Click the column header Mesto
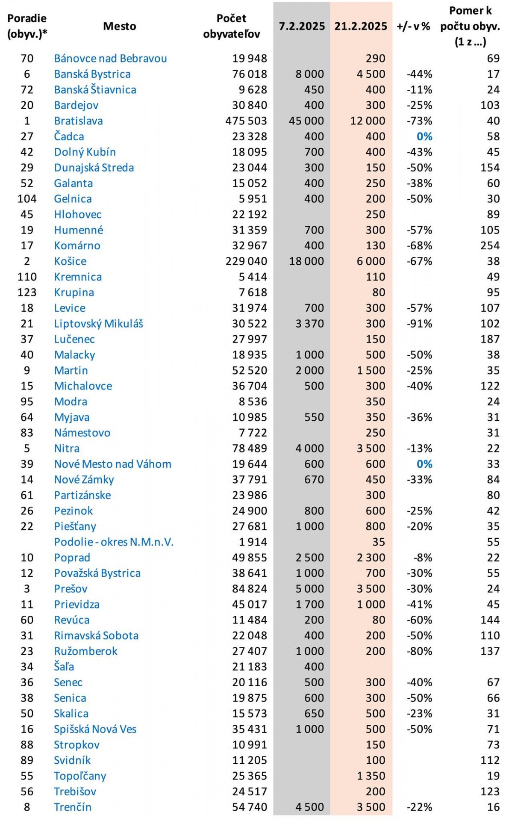pos(120,26)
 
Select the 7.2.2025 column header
pos(302,26)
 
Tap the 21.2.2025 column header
pos(361,26)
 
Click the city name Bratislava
pos(78,121)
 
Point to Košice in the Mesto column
pos(70,261)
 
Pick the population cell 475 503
pos(246,121)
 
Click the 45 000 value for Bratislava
pos(306,121)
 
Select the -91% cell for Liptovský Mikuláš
pos(419,324)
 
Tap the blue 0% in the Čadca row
pos(424,136)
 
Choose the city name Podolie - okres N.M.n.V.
pos(114,542)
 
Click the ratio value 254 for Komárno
pos(490,246)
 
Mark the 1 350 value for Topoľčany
pos(371,776)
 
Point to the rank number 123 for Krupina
pos(27,292)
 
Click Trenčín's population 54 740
pos(250,807)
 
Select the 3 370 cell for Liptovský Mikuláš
pos(309,324)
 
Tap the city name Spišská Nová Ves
pos(95,729)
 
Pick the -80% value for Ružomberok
pos(419,651)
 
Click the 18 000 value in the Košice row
pos(306,261)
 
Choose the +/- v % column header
pos(413,26)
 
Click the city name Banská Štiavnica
pos(95,90)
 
